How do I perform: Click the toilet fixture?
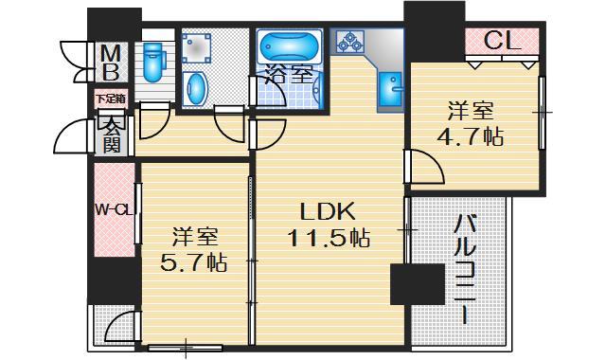pos(152,62)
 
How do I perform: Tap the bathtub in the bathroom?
pos(289,48)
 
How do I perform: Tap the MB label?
pos(111,61)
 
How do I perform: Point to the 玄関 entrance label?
pos(111,134)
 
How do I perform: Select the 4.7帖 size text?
pos(470,136)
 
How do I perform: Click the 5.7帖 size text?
pos(193,261)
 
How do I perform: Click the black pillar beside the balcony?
pos(417,284)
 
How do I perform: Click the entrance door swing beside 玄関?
pos(74,140)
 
